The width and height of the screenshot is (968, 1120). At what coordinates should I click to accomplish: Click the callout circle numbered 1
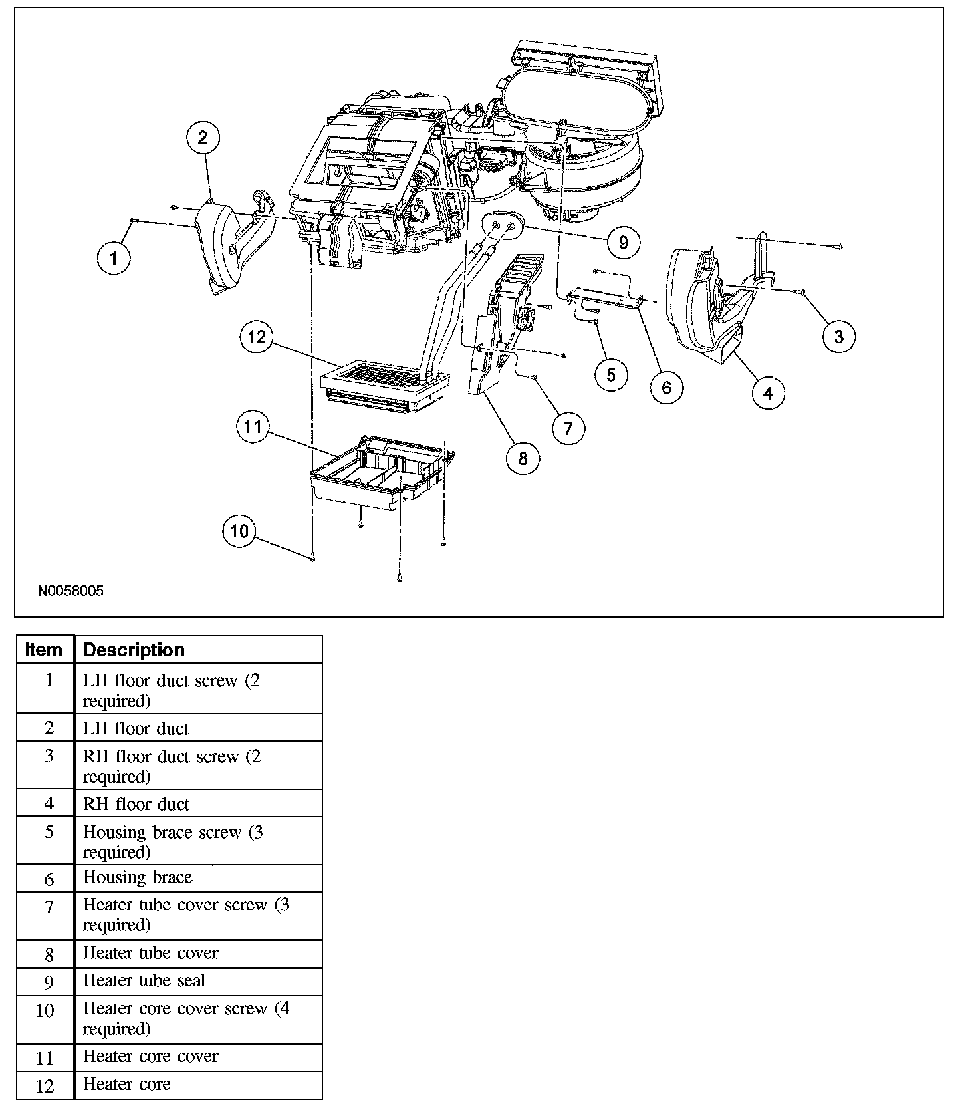click(114, 258)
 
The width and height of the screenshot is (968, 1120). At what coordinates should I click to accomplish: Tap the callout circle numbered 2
click(203, 138)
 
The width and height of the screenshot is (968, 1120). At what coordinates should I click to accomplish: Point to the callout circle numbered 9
click(623, 243)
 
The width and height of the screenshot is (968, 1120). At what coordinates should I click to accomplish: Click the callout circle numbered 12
click(257, 337)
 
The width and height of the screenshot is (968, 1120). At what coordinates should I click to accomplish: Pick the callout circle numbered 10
click(239, 531)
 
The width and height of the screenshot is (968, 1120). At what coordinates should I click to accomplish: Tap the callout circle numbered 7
click(568, 428)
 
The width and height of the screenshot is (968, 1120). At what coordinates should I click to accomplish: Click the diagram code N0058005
click(71, 591)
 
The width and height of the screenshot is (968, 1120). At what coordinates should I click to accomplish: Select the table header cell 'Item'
click(45, 650)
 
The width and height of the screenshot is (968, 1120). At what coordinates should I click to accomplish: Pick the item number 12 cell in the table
click(45, 1086)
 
